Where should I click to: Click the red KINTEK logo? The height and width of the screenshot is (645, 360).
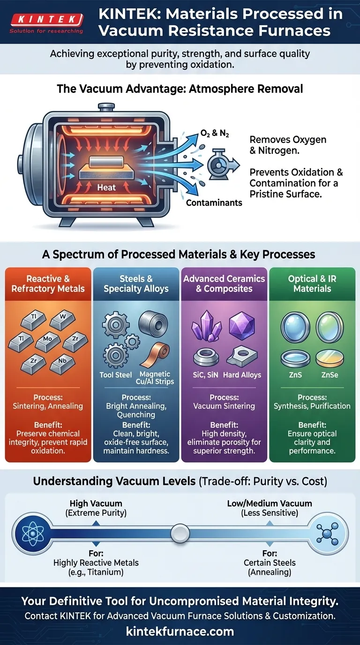[46, 20]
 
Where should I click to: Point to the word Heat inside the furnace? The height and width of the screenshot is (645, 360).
[106, 187]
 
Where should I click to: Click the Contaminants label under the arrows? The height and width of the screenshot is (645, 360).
[214, 202]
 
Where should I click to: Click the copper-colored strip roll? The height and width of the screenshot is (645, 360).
[154, 355]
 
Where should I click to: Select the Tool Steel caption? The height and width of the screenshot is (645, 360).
[116, 375]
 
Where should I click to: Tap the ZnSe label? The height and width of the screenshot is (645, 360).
[330, 375]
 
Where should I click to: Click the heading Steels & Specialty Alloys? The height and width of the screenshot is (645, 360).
[136, 284]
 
